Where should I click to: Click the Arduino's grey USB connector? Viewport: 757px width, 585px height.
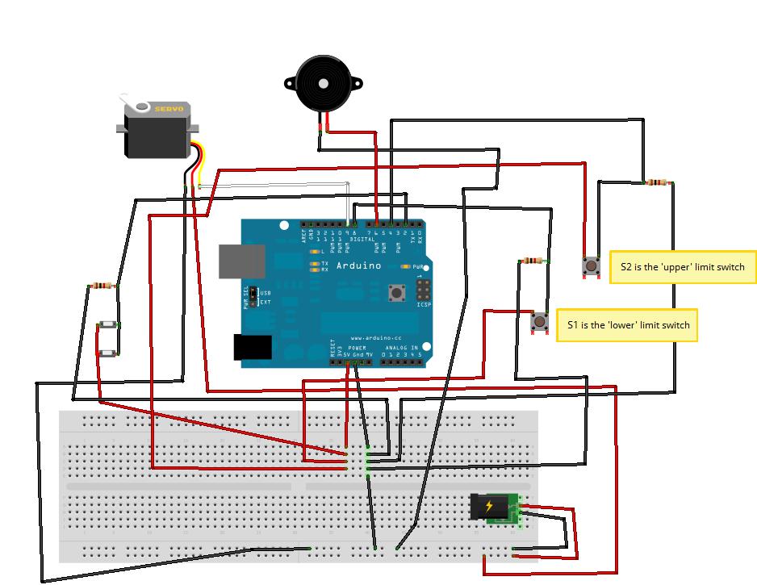[241, 261]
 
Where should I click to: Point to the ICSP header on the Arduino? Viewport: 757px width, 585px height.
[423, 290]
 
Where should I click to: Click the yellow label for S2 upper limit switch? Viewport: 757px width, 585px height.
[683, 266]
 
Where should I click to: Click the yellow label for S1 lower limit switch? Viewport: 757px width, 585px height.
[627, 325]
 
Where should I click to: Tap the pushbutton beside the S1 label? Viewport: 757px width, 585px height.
[538, 322]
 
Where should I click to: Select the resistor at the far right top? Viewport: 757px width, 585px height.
[658, 183]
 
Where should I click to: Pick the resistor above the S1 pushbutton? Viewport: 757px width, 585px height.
[532, 261]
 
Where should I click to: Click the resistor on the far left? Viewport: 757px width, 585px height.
[102, 286]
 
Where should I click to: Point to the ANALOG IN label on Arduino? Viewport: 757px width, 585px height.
[401, 348]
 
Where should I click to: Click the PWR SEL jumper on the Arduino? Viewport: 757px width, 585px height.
[253, 297]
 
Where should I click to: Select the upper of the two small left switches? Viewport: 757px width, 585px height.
[108, 325]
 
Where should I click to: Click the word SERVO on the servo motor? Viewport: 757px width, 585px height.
[169, 109]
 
